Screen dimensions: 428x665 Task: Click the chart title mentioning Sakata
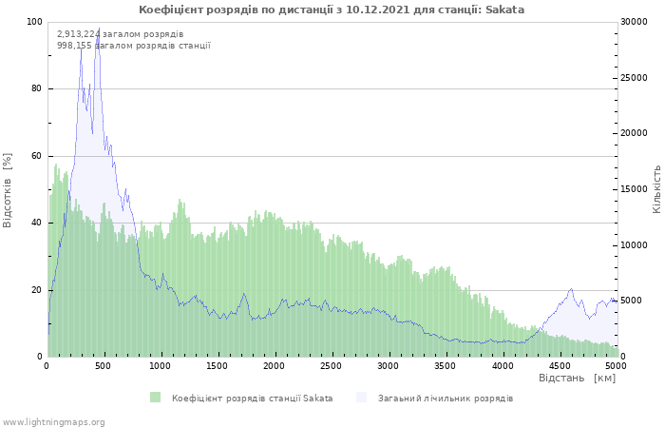coord(332,10)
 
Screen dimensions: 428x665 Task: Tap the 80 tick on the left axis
coord(37,88)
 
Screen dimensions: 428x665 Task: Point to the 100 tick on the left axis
coord(34,22)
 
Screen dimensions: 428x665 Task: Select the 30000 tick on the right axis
coord(636,22)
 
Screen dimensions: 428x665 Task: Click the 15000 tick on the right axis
coord(636,189)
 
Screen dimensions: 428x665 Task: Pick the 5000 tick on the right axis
coord(633,301)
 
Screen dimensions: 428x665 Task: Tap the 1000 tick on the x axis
coord(161,365)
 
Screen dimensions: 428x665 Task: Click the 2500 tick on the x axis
coord(331,365)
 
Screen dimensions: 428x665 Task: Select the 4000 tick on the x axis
coord(502,365)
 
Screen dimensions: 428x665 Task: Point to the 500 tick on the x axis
coord(104,365)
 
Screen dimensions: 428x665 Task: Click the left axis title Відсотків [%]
coord(9,189)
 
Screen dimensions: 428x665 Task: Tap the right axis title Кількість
coord(656,188)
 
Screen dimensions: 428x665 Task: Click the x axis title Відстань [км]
coord(577,379)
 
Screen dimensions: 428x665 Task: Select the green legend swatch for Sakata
coord(155,398)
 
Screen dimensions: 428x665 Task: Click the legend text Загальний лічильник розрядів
coord(445,398)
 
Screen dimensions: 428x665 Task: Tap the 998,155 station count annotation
coord(133,45)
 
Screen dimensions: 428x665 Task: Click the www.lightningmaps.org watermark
coord(54,421)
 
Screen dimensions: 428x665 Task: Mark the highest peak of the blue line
coord(99,29)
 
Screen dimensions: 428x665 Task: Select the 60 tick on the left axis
coord(37,156)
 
